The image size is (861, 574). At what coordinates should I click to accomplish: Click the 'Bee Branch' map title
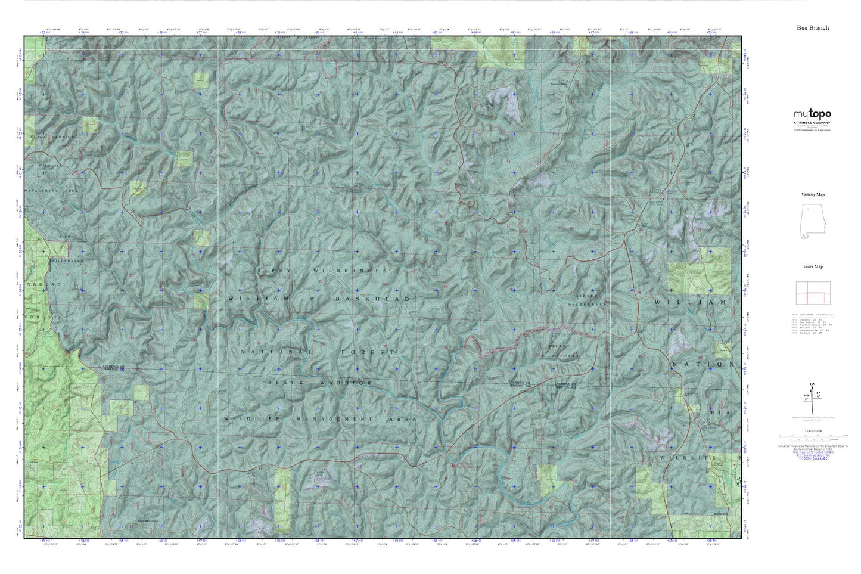(x=813, y=28)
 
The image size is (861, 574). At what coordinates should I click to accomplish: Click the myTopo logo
(x=812, y=114)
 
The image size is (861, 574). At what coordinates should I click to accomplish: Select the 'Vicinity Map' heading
(x=813, y=195)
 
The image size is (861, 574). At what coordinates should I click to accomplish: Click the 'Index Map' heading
(x=813, y=266)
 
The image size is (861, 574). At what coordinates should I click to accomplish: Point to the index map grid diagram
(x=813, y=293)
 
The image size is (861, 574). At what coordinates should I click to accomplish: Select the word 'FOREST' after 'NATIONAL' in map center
(x=368, y=352)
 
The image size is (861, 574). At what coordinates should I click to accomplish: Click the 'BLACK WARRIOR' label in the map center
(x=320, y=383)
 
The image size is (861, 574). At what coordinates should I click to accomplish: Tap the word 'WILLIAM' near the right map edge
(x=691, y=303)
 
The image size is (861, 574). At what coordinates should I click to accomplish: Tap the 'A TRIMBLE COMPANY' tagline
(x=812, y=123)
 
